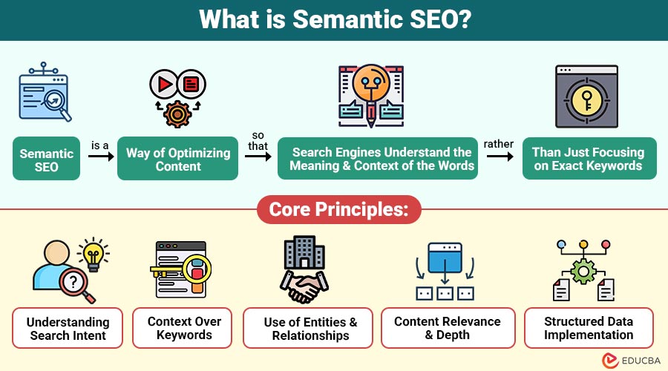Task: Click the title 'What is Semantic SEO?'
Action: tap(334, 20)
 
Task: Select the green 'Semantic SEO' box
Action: tap(46, 159)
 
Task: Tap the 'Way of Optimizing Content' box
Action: tap(178, 159)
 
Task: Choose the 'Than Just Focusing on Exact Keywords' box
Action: tap(588, 159)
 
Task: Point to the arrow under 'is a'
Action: tap(99, 157)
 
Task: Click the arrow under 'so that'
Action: tap(258, 157)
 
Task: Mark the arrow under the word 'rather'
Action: tap(499, 157)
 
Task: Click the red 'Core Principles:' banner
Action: tap(334, 209)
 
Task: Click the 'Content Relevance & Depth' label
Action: tap(448, 328)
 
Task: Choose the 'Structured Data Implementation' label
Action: tap(589, 328)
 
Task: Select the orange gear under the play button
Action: tap(177, 114)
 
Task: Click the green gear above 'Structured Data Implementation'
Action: tap(584, 272)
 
